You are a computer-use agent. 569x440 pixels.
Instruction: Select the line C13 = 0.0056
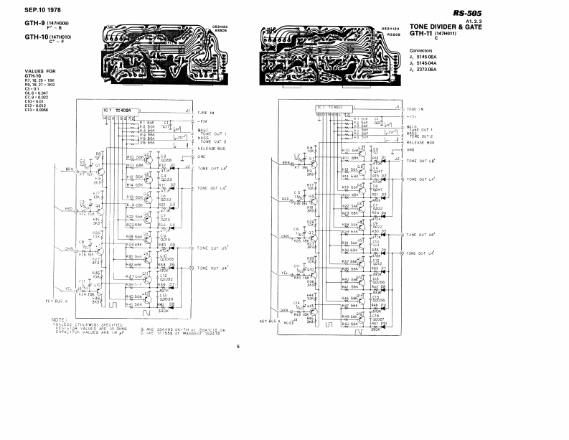pyautogui.click(x=42, y=109)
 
